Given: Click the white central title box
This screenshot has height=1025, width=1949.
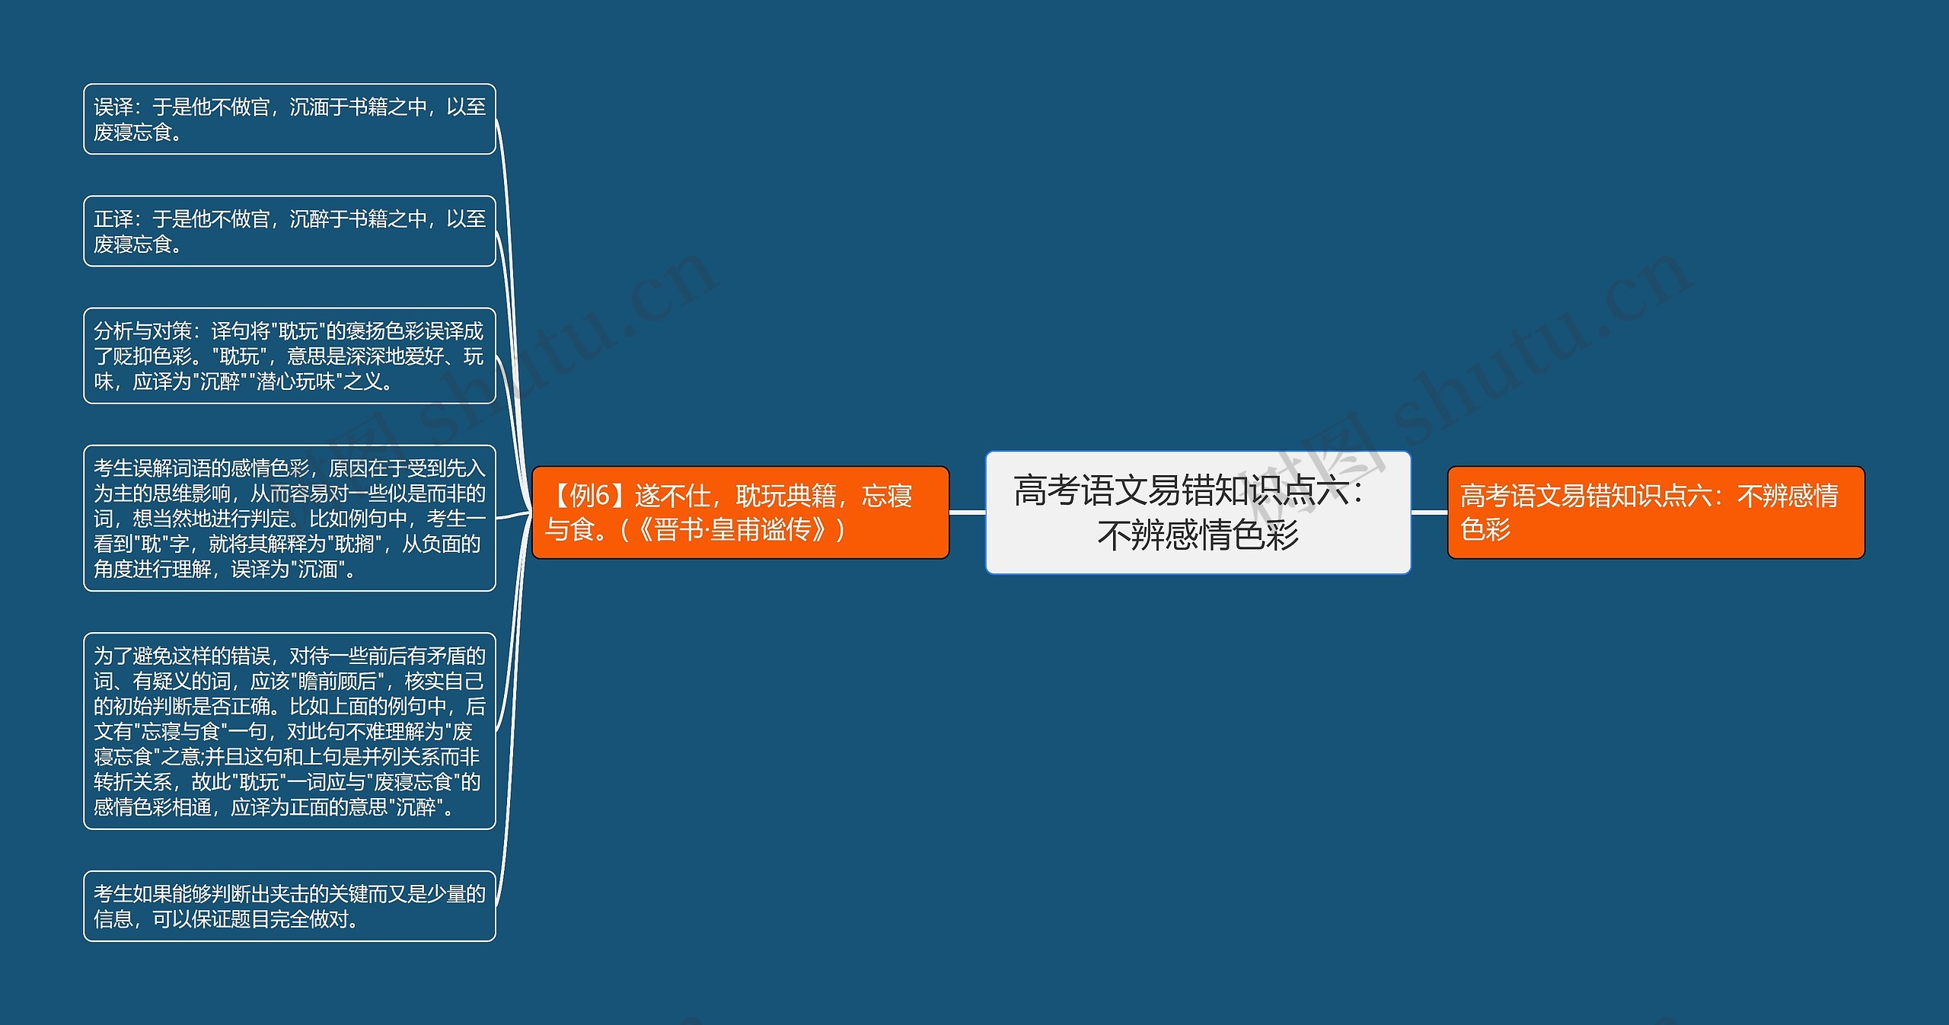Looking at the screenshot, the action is pos(1198,512).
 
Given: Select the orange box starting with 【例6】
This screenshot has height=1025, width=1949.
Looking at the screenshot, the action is pos(740,512).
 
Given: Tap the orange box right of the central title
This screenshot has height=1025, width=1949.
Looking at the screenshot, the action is pos(1655,512).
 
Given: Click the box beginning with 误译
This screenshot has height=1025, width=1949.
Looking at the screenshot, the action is pos(289,119).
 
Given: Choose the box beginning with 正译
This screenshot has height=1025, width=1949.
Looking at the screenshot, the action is pos(289,231).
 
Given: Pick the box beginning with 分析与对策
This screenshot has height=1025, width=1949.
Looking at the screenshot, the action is pos(289,356).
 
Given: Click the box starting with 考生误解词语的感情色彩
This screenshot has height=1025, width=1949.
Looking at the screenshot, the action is pos(289,518).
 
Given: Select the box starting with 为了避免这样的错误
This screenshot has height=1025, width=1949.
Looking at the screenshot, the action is pos(289,730).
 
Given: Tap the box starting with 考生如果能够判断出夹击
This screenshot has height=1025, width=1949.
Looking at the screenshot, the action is pos(289,905).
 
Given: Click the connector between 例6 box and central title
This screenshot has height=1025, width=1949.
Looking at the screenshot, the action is pos(967,512).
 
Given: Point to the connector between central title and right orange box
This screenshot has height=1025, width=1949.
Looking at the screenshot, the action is pos(1429,512).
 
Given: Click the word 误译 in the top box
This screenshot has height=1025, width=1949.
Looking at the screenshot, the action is pos(113,107).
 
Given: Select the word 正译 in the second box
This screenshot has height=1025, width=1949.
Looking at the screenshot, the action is pos(113,219).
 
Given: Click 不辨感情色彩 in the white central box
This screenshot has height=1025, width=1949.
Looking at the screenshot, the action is pos(1198,535).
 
